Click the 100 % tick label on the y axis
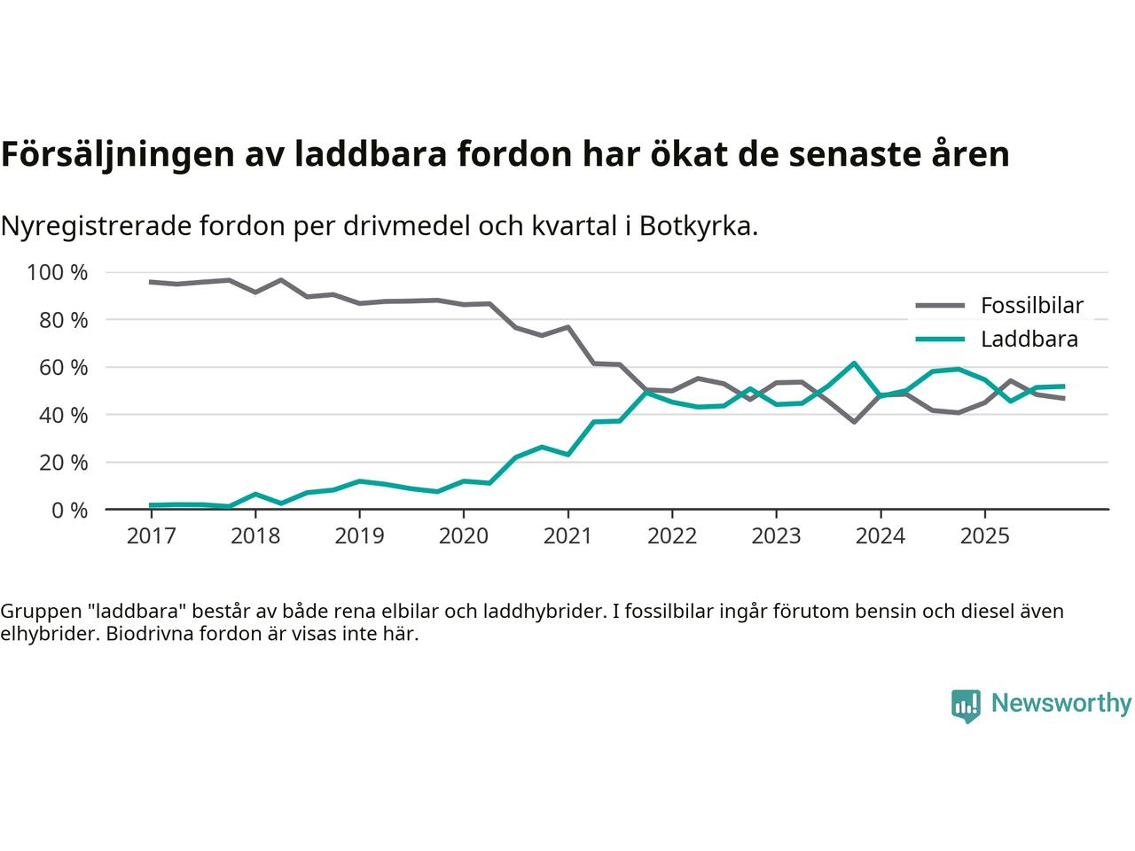[58, 272]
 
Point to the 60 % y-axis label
[64, 367]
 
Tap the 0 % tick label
[69, 510]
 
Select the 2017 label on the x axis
[151, 536]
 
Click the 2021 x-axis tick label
[567, 536]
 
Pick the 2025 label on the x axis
[984, 536]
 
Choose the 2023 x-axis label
[776, 536]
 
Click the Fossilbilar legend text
[1031, 306]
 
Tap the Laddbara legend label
[1029, 340]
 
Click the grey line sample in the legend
[939, 306]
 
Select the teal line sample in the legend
[939, 340]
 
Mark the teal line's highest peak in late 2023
[854, 363]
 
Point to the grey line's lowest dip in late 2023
[854, 422]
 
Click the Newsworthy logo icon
[966, 706]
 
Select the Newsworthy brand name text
[1061, 704]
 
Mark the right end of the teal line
[1063, 386]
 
